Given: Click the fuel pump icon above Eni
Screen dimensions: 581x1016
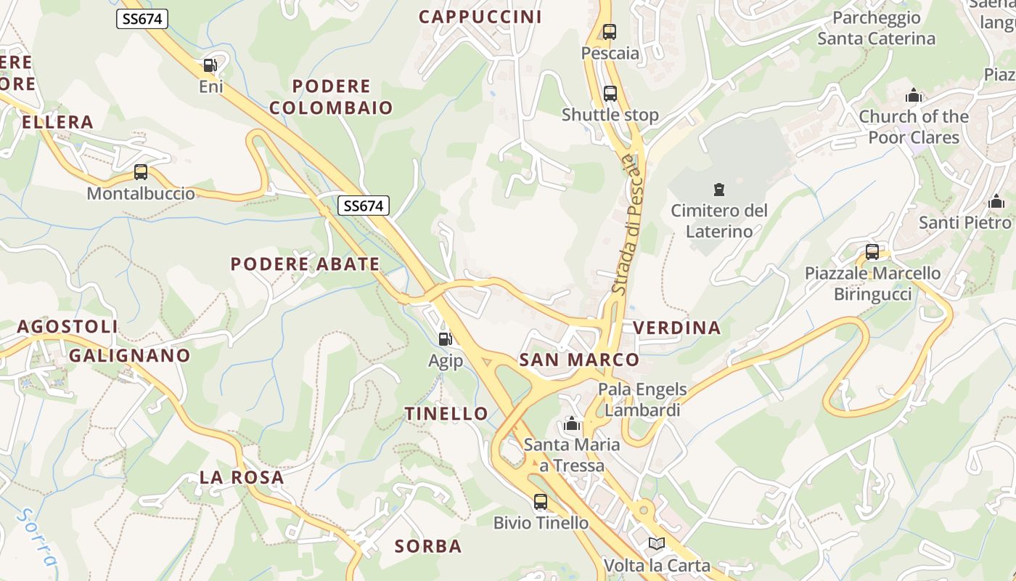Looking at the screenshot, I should tap(210, 65).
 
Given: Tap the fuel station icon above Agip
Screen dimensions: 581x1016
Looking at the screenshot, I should tap(445, 338).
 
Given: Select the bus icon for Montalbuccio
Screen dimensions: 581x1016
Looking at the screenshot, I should tap(141, 172).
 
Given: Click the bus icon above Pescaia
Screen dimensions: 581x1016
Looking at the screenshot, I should tap(609, 32).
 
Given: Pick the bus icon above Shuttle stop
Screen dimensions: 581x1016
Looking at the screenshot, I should tap(610, 94).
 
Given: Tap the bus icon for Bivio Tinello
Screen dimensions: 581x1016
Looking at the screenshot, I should tap(541, 502).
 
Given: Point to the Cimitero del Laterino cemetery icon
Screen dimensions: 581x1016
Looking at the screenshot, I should tap(718, 190).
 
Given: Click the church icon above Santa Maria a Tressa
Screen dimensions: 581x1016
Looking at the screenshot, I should tap(572, 423).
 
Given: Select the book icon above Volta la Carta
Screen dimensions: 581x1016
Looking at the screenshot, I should tap(656, 543).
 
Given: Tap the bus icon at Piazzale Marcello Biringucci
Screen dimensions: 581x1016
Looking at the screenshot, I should tap(872, 252).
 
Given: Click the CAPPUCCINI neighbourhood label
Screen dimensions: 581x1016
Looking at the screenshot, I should tap(480, 17).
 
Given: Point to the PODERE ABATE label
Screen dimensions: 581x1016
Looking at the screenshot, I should tap(305, 264).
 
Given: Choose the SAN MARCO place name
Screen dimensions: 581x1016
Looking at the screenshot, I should tap(579, 359).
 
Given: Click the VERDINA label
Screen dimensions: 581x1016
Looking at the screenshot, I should tap(677, 328).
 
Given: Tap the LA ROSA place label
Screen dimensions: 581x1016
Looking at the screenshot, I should tap(242, 477).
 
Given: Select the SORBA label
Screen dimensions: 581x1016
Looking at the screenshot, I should tap(428, 546).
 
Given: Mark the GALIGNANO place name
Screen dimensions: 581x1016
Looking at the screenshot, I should tap(129, 355).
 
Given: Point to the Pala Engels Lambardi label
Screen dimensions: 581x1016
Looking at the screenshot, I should tap(642, 399).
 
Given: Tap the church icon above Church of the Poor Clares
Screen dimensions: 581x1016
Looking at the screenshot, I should tap(914, 96).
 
